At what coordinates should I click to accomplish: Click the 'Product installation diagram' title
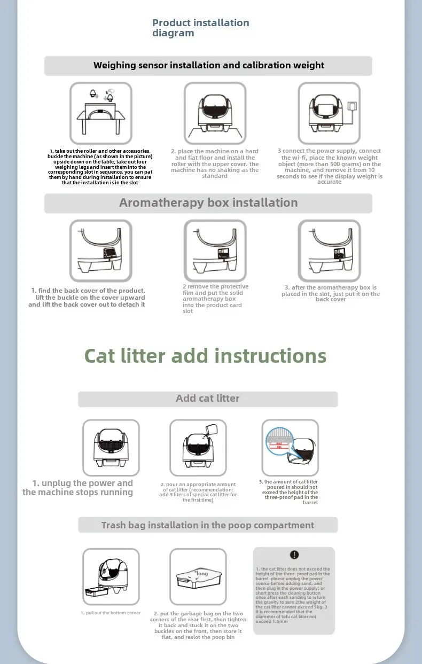200,28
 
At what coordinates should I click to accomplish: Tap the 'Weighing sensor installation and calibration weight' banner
208,66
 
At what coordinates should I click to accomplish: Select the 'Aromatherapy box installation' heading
208,203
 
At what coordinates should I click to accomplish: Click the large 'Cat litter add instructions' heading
205,356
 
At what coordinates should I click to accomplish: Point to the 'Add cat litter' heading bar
208,399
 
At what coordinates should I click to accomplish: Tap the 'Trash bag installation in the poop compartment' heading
208,525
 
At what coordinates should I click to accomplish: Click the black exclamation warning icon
294,555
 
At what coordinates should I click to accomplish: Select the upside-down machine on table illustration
100,113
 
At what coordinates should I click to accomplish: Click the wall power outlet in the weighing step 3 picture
351,106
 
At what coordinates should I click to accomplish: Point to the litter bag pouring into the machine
212,430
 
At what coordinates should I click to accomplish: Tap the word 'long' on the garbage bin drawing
202,573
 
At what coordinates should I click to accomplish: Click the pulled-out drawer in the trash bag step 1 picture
95,592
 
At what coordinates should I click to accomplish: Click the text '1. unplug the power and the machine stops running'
78,488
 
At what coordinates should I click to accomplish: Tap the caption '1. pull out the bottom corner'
111,613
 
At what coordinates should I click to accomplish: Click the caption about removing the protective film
215,299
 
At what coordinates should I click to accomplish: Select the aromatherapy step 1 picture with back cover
100,251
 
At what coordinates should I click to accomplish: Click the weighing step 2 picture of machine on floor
215,113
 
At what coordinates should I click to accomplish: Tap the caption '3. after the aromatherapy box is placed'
330,293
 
